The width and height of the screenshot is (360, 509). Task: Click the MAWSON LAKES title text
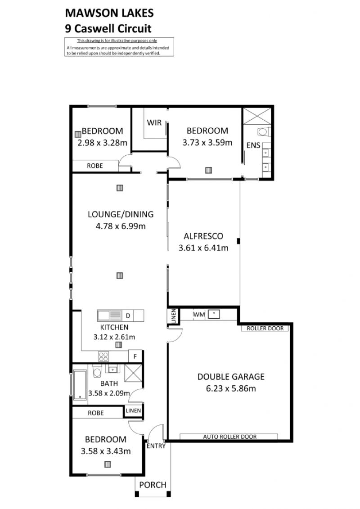point(109,13)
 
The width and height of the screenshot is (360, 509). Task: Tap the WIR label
point(154,123)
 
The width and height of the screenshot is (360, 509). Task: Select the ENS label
point(253,145)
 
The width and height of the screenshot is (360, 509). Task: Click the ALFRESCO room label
point(203,236)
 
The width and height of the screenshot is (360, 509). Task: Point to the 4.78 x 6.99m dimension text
point(121,226)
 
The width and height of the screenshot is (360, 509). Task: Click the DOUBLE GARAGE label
point(231,377)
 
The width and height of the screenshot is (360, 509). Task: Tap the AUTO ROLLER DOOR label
point(230,437)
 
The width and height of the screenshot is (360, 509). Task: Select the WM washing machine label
point(198,315)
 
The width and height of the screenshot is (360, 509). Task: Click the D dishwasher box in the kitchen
point(128,315)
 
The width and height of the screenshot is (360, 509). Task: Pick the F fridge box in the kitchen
point(135,356)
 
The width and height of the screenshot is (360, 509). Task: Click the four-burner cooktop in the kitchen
point(103,357)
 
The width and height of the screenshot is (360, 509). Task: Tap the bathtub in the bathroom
point(80,385)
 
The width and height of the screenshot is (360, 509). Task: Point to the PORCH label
point(153,485)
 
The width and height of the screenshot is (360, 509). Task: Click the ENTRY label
point(156,446)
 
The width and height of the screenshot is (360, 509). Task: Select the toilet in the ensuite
point(263,132)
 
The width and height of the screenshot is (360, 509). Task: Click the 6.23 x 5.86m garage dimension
point(231,388)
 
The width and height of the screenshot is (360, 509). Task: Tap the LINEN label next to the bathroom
point(133,410)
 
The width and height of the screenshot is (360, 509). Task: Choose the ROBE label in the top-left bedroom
point(95,166)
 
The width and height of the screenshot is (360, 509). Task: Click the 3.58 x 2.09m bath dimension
point(109,393)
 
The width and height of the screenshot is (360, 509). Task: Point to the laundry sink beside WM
point(214,314)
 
